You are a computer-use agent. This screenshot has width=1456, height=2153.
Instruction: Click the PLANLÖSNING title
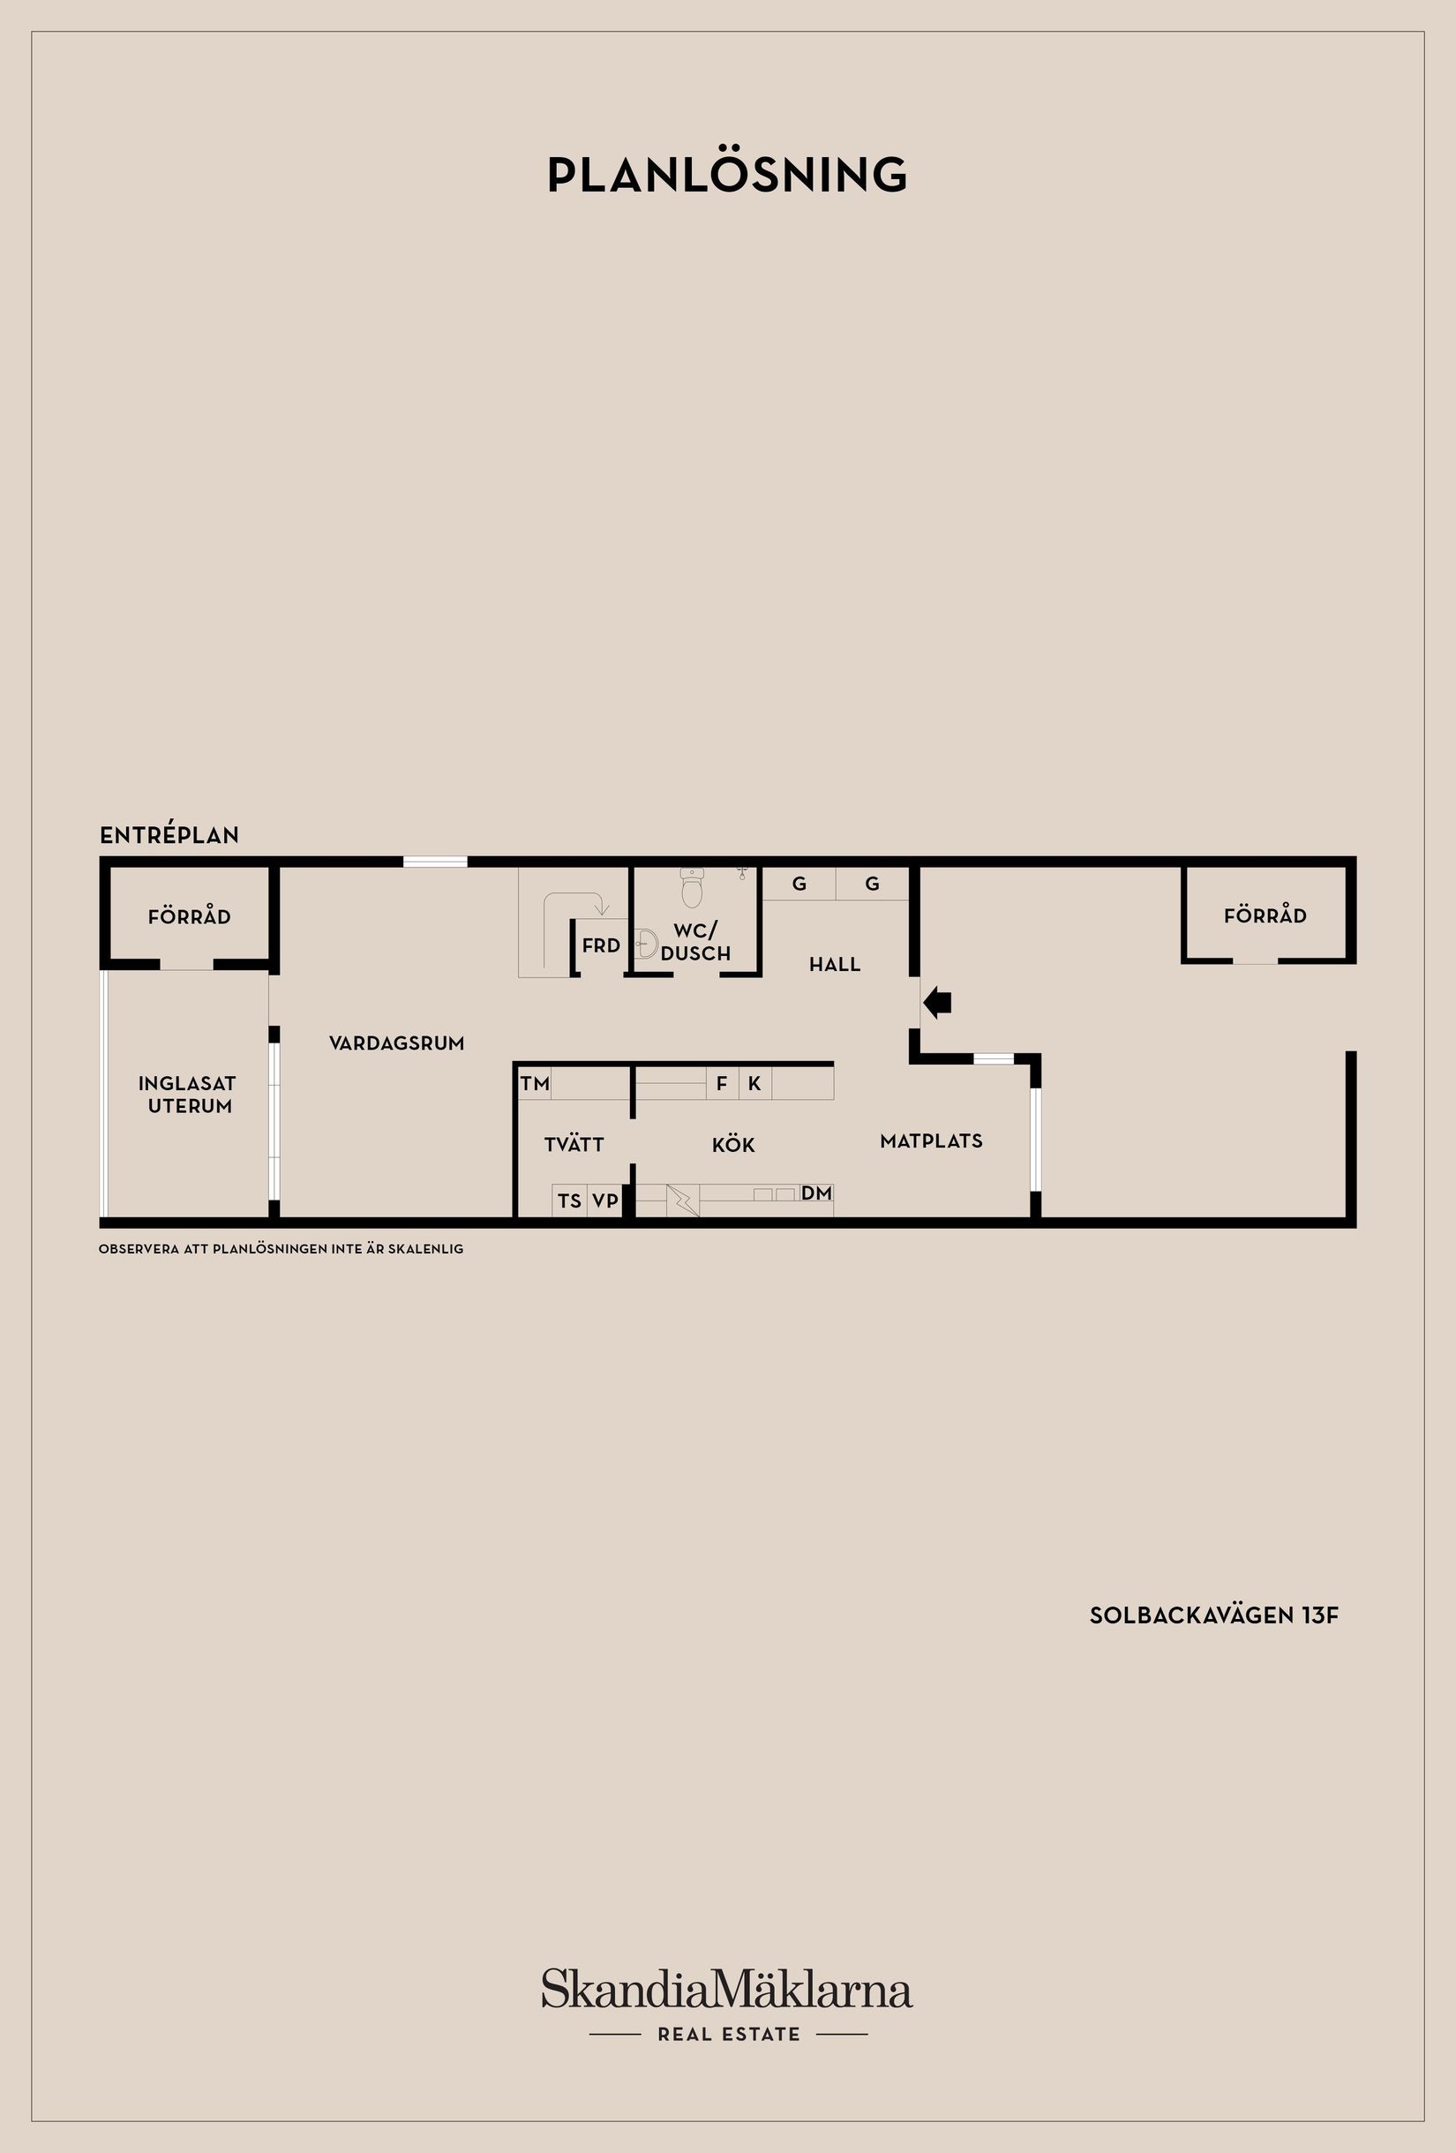[x=727, y=175]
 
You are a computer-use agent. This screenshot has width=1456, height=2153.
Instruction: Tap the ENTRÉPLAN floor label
[x=169, y=835]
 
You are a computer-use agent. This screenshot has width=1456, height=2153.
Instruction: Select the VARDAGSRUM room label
[x=396, y=1043]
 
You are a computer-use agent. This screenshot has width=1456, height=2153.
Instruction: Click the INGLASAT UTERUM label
[x=188, y=1094]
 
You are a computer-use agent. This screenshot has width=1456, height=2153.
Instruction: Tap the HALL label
[x=835, y=965]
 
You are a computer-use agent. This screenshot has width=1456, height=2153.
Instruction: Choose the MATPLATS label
[x=931, y=1141]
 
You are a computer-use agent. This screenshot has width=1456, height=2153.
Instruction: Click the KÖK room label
[x=732, y=1145]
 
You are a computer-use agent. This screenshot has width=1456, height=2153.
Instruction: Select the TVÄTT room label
[x=574, y=1145]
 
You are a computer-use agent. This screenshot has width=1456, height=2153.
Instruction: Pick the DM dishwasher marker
[x=816, y=1193]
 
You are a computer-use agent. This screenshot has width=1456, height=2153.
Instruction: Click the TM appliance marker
[x=536, y=1083]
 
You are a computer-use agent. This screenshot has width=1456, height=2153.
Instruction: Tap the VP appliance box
[x=604, y=1201]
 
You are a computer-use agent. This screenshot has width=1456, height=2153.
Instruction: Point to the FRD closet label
[x=600, y=946]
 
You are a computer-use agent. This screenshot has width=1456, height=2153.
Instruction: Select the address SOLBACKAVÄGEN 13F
[x=1213, y=1615]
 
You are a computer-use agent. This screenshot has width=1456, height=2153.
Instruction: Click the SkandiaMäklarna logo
[x=727, y=1990]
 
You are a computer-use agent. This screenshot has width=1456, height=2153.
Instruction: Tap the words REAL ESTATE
[x=728, y=2035]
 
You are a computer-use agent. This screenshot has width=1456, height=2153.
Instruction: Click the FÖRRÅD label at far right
[x=1265, y=915]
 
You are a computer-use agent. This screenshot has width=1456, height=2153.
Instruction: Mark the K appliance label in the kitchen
[x=754, y=1083]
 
